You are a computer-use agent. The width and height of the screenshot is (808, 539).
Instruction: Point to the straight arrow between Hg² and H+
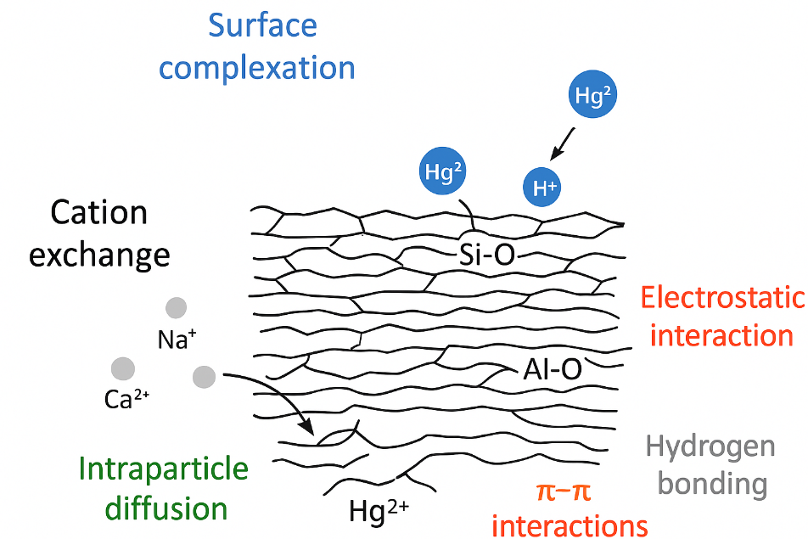point(564,143)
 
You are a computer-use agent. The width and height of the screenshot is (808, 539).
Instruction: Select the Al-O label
point(552,368)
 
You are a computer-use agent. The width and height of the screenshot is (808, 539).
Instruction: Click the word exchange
point(99,254)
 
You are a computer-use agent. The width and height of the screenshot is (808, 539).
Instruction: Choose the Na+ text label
point(177,340)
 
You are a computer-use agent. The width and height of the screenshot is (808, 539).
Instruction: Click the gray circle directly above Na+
point(177,307)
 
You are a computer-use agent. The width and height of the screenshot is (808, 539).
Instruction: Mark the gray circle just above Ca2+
point(123,368)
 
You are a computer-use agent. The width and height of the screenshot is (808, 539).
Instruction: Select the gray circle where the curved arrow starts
point(204,376)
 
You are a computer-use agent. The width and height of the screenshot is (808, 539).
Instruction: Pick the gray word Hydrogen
point(710,446)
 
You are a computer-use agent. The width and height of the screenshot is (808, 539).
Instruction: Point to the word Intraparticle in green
point(164,469)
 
